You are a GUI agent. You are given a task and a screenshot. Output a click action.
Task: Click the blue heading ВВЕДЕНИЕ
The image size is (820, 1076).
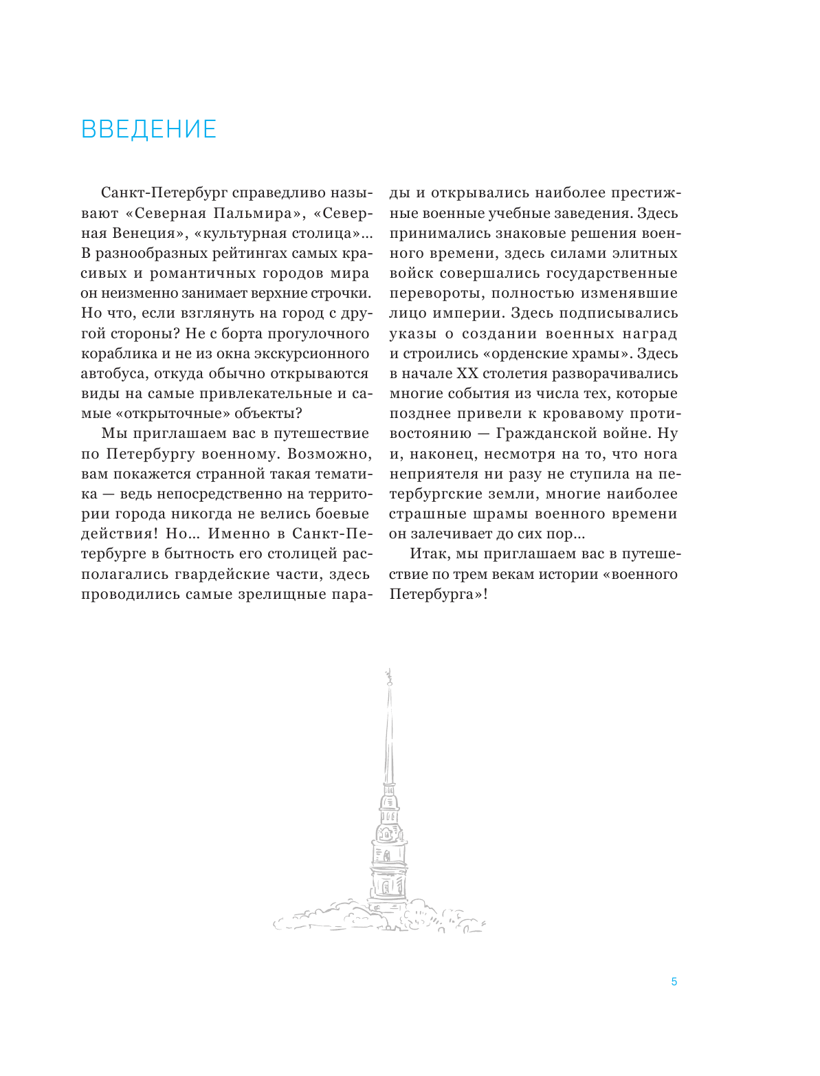[x=148, y=129]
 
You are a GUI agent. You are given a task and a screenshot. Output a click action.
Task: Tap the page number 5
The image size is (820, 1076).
[x=674, y=982]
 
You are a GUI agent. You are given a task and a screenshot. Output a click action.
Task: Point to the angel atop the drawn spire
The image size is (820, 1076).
[x=388, y=678]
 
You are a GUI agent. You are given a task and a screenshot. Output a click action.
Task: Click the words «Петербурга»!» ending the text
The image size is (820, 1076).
[x=439, y=594]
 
